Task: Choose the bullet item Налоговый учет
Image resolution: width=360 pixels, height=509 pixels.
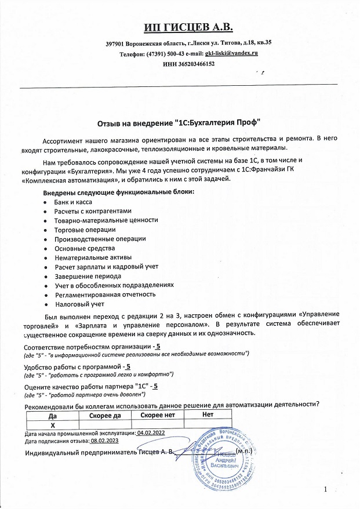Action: pos(79,303)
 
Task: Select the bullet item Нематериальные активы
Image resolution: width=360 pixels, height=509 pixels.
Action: pos(93,257)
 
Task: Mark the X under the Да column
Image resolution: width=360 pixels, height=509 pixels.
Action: pos(53,424)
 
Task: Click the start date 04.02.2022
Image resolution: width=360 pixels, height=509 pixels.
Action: pos(151,432)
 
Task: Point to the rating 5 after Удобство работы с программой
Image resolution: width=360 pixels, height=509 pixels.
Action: pos(128,366)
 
